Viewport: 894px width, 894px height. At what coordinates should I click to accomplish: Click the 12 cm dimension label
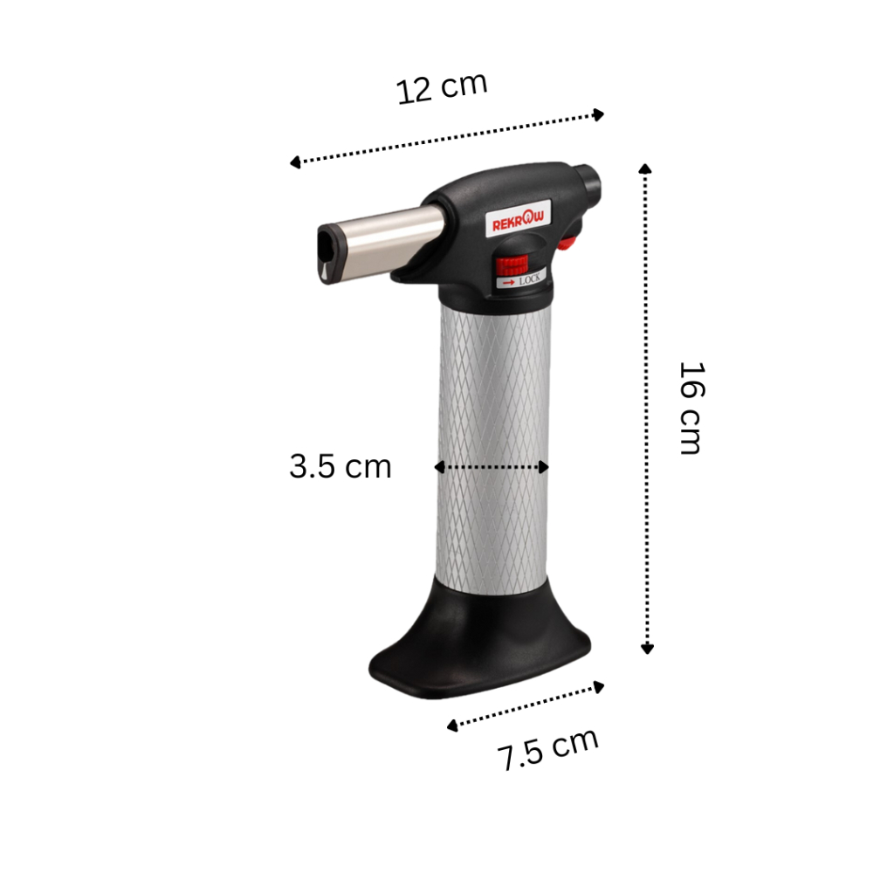pyautogui.click(x=442, y=88)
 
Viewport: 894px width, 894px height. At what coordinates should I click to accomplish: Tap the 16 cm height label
pyautogui.click(x=691, y=408)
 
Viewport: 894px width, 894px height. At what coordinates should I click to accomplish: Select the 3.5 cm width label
pyautogui.click(x=340, y=466)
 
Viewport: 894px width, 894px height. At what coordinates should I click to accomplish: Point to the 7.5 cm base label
pyautogui.click(x=547, y=749)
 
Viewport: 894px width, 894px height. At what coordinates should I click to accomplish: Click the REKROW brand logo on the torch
pyautogui.click(x=519, y=218)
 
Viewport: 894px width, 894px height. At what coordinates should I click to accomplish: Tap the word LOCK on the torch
pyautogui.click(x=530, y=279)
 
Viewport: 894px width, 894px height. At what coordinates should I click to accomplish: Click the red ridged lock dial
pyautogui.click(x=512, y=265)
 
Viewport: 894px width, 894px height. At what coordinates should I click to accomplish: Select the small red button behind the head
pyautogui.click(x=566, y=243)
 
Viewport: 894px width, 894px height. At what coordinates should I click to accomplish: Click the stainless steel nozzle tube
pyautogui.click(x=388, y=241)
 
